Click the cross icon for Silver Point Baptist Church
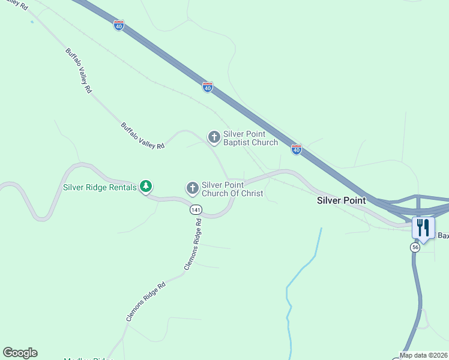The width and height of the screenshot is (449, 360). [x=214, y=137]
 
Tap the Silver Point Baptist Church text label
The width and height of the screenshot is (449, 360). [x=250, y=138]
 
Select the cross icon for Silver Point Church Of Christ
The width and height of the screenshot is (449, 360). [x=192, y=189]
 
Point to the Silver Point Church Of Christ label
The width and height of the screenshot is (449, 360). [x=232, y=189]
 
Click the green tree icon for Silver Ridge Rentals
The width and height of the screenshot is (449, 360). [x=145, y=187]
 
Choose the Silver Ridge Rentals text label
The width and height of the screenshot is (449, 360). [x=100, y=187]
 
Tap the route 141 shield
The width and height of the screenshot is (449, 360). [x=195, y=209]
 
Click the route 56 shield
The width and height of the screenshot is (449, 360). [x=415, y=247]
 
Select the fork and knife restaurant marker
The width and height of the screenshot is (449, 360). [x=423, y=228]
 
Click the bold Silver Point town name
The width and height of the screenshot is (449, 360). [x=341, y=200]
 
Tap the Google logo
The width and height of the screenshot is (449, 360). [x=20, y=353]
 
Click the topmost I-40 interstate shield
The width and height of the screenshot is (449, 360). [x=119, y=25]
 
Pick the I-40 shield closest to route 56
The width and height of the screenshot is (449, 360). [x=296, y=149]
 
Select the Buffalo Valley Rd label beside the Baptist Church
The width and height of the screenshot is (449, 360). [x=142, y=136]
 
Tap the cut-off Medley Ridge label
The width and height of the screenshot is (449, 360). [x=89, y=358]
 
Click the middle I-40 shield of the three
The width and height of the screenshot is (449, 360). [x=207, y=87]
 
